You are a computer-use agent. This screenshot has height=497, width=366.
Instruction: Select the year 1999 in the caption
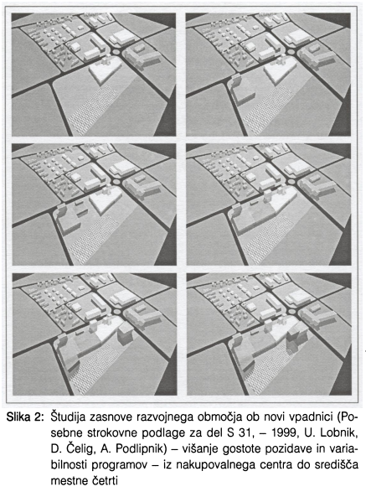pos(284,433)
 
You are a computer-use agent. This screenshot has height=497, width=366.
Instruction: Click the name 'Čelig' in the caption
pos(80,449)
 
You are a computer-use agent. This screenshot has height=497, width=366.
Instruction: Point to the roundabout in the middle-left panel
pos(116,182)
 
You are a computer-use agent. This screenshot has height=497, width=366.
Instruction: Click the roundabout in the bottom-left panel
pos(116,312)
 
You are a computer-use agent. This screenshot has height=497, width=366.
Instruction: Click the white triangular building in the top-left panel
pos(105,71)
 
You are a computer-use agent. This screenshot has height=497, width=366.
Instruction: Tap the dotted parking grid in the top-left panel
pos(93,110)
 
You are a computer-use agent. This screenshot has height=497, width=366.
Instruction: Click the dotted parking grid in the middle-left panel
pos(94,240)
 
